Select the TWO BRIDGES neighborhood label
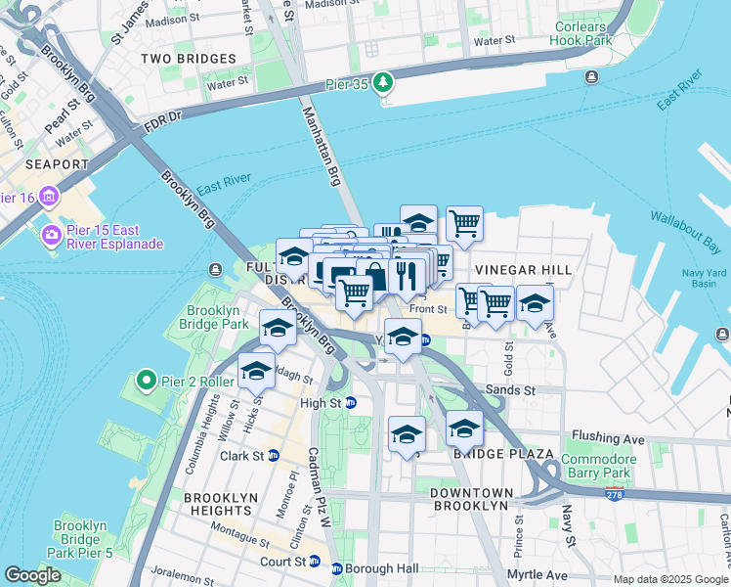tap(183, 59)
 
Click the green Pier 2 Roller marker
tap(147, 379)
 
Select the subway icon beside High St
tap(351, 402)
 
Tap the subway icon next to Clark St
tap(274, 456)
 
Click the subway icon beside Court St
tap(315, 562)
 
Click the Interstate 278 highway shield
tap(614, 495)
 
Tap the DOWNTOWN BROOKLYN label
tap(471, 499)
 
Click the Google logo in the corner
tap(32, 575)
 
